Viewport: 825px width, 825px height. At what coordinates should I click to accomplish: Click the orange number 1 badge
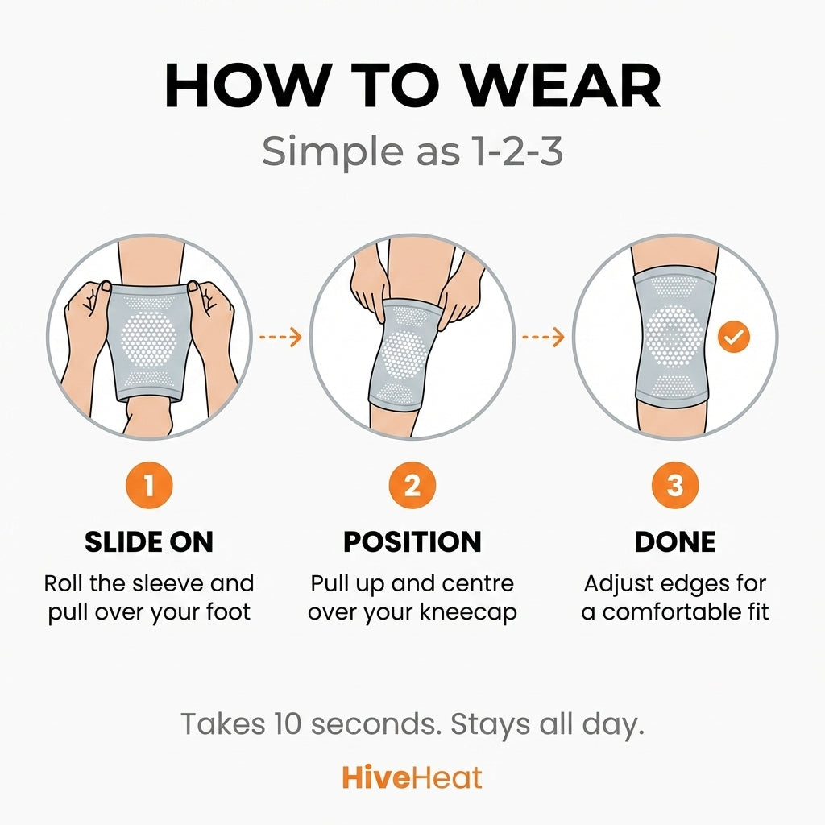149,487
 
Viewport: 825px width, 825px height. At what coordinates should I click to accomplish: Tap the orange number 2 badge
412,487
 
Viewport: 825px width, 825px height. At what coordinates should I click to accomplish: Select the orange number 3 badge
675,487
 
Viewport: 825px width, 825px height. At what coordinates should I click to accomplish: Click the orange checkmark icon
733,338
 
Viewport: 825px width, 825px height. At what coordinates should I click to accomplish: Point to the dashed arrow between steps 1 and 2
280,337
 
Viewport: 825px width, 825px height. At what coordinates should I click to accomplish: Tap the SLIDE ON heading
149,542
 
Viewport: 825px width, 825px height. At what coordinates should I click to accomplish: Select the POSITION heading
412,542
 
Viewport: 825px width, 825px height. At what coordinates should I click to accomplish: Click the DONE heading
675,542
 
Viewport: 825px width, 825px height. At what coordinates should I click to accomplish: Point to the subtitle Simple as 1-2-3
412,151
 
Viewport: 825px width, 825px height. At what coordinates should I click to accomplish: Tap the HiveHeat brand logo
412,777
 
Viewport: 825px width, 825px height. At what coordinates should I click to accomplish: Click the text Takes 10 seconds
310,723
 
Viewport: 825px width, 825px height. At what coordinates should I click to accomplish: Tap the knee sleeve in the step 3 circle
674,337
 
